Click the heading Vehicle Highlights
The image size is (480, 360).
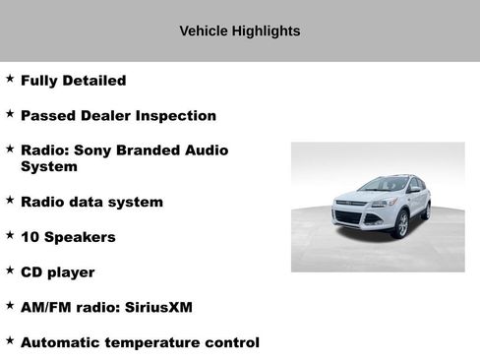click(240, 31)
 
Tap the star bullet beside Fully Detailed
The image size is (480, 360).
click(10, 78)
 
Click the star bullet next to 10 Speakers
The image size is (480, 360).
click(10, 234)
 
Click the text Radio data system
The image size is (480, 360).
click(91, 202)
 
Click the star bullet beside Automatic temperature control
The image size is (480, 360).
click(10, 340)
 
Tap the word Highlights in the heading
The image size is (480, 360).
click(266, 31)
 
